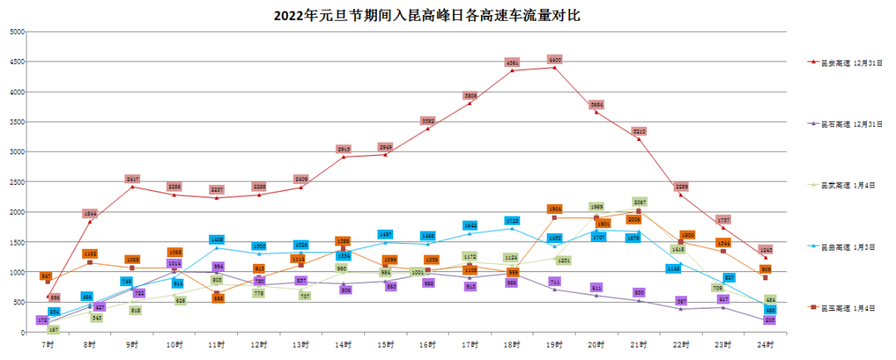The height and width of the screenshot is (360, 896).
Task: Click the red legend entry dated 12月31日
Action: pyautogui.click(x=851, y=62)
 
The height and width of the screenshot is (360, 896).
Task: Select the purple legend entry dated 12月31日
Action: pyautogui.click(x=851, y=124)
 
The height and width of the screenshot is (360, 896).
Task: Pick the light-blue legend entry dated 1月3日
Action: pyautogui.click(x=851, y=246)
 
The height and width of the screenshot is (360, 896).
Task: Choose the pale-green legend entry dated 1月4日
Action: pyautogui.click(x=851, y=185)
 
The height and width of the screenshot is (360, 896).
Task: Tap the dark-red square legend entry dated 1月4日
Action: pyautogui.click(x=851, y=308)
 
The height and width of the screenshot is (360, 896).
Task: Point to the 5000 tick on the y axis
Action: pyautogui.click(x=17, y=32)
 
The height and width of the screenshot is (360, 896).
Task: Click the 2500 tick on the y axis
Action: pyautogui.click(x=17, y=182)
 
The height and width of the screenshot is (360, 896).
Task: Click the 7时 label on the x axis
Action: pyautogui.click(x=47, y=343)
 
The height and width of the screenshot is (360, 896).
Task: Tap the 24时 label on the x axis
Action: pyautogui.click(x=766, y=343)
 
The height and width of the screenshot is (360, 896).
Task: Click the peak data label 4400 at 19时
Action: pyautogui.click(x=555, y=60)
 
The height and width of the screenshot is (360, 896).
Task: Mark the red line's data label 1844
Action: pyautogui.click(x=90, y=213)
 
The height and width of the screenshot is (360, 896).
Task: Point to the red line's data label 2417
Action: pyautogui.click(x=133, y=179)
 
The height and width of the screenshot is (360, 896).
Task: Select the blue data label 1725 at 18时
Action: pyautogui.click(x=513, y=221)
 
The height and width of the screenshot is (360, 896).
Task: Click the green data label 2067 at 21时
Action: pyautogui.click(x=639, y=202)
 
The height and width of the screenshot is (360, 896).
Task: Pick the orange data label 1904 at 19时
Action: pyautogui.click(x=555, y=209)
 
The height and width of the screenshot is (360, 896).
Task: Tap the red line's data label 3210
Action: pyautogui.click(x=639, y=132)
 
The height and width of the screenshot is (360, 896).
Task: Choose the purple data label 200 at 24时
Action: pyautogui.click(x=769, y=319)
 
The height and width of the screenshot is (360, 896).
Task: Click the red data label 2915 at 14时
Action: pyautogui.click(x=343, y=149)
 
